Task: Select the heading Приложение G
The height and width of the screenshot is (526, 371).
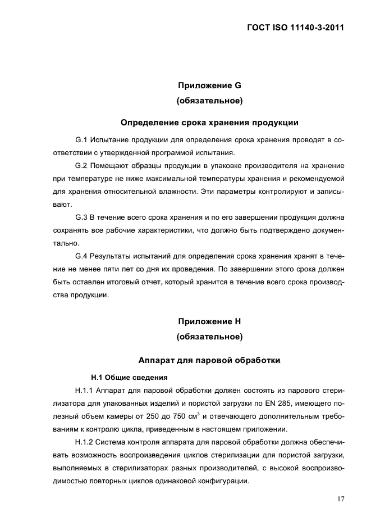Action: click(209, 86)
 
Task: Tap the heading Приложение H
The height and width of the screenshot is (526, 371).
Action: click(209, 321)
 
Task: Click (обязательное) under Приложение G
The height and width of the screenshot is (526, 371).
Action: click(209, 102)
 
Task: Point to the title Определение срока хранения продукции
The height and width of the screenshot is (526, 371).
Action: click(209, 122)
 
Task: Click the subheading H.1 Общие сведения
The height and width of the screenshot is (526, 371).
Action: click(126, 377)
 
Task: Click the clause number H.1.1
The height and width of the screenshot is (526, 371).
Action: click(85, 390)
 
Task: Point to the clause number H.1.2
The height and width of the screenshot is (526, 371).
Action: click(85, 443)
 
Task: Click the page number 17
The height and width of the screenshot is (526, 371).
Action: click(340, 498)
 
